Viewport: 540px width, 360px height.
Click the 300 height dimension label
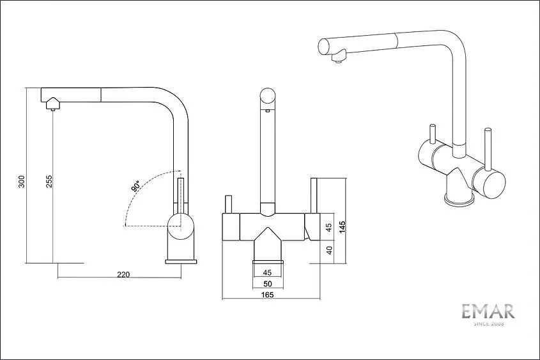[x=22, y=182]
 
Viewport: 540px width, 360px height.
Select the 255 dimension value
[x=49, y=182]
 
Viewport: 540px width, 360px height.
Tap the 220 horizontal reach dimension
[x=123, y=274]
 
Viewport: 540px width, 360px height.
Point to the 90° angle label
[x=135, y=186]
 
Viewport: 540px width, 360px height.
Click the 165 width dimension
[x=268, y=295]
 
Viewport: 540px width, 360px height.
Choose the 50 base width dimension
[x=268, y=284]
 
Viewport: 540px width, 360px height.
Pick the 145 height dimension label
[x=343, y=227]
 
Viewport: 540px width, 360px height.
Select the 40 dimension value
[x=330, y=250]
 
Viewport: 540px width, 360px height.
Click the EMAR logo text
[x=488, y=311]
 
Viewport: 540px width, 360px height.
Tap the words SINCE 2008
[x=489, y=324]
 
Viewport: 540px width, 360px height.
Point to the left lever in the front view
[x=228, y=205]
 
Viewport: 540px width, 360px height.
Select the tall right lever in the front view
[x=314, y=196]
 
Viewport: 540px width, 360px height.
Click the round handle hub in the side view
[x=181, y=226]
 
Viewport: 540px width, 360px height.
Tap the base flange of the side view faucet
[x=181, y=262]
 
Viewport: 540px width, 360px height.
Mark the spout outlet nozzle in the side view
[x=52, y=109]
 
